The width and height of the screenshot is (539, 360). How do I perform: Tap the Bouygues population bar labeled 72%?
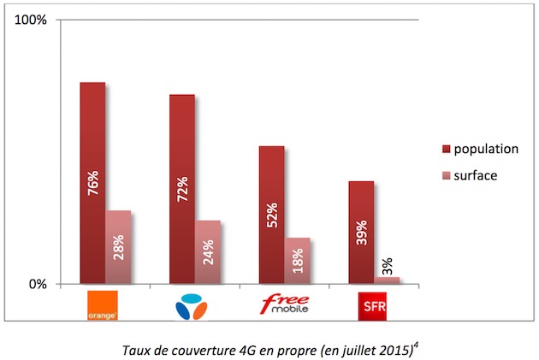coord(181,188)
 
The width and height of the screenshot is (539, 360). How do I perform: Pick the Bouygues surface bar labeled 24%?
coord(207,251)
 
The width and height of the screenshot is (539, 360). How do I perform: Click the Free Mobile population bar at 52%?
coord(271,214)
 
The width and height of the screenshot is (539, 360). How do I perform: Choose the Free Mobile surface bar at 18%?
coord(297,260)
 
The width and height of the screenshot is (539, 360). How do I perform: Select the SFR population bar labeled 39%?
coord(361,231)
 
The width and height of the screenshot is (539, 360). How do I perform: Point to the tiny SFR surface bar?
coord(387,280)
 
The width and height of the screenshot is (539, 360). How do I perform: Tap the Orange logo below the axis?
coord(102,304)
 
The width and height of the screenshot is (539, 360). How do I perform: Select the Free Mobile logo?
coord(285,304)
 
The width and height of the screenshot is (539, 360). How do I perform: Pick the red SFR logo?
coord(373,304)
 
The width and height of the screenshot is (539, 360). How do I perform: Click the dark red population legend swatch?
coord(445,149)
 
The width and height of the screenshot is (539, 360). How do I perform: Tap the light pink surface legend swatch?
coord(445,174)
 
